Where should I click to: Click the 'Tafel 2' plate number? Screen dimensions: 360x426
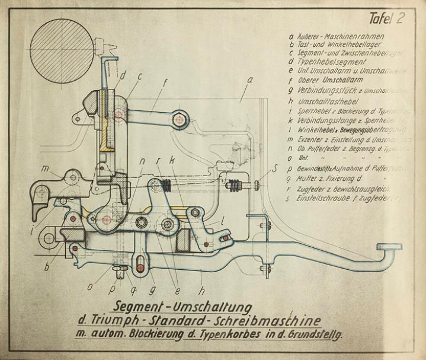[x=386, y=18]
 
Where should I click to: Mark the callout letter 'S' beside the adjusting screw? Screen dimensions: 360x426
[x=274, y=170]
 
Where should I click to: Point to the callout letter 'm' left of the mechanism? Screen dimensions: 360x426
[x=45, y=168]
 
